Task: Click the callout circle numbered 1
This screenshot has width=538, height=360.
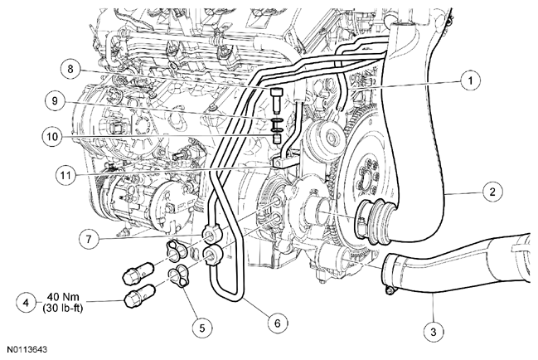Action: [470, 80]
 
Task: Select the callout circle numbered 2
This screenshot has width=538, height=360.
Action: [492, 192]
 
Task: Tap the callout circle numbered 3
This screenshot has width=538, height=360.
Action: [434, 332]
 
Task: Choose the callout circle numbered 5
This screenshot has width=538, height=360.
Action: [202, 328]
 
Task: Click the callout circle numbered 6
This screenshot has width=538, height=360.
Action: [278, 323]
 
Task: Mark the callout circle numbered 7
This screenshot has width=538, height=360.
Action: [90, 239]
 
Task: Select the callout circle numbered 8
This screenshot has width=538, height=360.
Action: [70, 69]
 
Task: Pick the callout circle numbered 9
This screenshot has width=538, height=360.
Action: [55, 101]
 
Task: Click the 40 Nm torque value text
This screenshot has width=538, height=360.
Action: [63, 296]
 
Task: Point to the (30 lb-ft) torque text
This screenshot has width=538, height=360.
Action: [63, 308]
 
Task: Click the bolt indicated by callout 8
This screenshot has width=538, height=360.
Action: [276, 100]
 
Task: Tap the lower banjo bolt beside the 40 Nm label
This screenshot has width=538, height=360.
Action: [141, 296]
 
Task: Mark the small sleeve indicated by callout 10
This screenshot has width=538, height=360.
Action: [276, 139]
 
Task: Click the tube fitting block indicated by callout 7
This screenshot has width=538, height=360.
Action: [214, 235]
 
